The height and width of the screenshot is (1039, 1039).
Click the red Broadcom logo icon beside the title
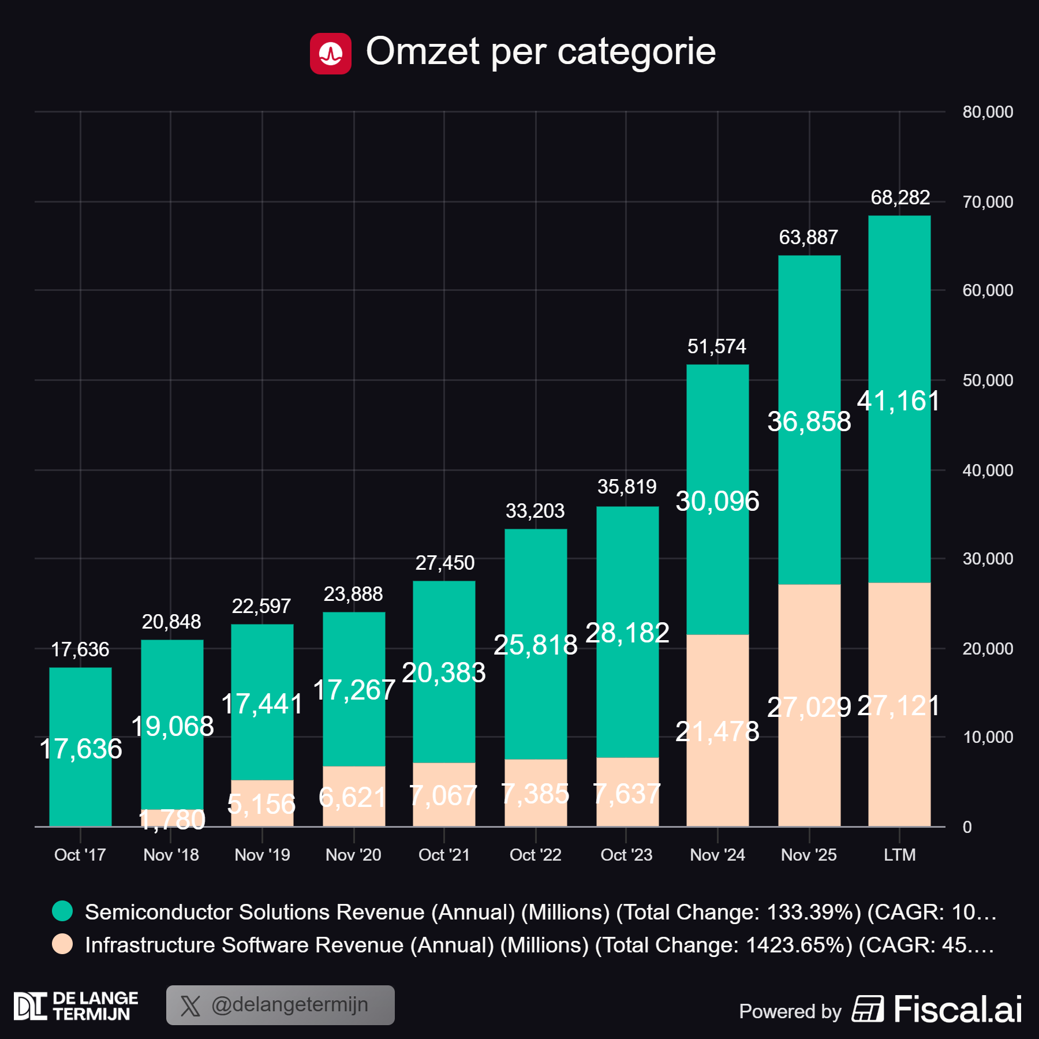(330, 54)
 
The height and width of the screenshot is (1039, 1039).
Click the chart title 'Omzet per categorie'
(540, 51)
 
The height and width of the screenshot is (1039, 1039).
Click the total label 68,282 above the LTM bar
(900, 197)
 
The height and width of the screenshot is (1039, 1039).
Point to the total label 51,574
(716, 346)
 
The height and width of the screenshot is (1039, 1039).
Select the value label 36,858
(809, 421)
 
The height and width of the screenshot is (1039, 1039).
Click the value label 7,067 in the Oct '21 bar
(443, 796)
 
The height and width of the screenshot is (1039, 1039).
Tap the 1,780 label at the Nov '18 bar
(172, 820)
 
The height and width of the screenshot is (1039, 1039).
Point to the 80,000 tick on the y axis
(987, 112)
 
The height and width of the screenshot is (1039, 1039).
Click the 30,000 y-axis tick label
(987, 559)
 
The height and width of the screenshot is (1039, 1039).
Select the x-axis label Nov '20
(353, 855)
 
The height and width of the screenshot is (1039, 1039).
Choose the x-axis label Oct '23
(626, 855)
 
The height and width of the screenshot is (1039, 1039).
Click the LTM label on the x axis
(899, 855)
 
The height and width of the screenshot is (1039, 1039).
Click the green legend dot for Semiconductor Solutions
(62, 911)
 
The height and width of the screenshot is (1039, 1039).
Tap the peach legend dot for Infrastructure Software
(62, 944)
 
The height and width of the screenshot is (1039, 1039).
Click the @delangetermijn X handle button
(281, 1005)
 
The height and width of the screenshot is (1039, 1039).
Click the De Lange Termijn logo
(76, 1006)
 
